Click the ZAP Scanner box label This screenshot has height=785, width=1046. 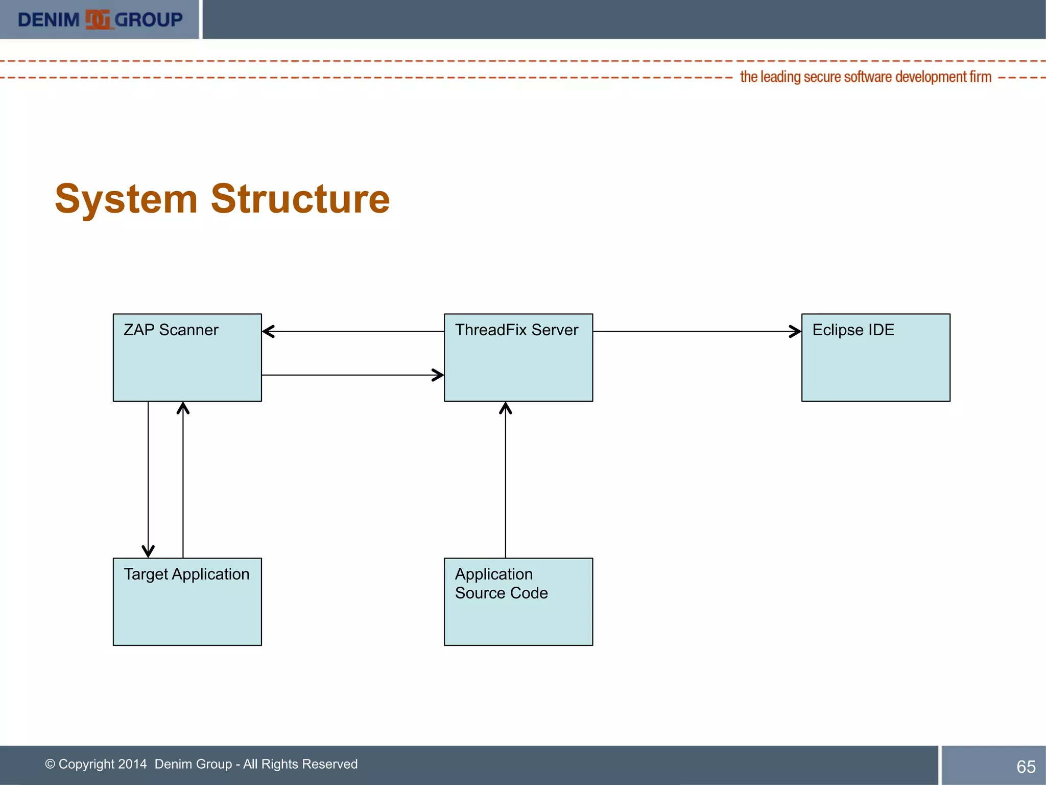point(171,330)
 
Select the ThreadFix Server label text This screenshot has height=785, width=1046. point(516,330)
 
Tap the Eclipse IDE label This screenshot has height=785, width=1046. point(853,330)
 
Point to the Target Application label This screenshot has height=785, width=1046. point(186,574)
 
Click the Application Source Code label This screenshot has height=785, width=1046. point(501,584)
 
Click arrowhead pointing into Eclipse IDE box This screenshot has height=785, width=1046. point(796,331)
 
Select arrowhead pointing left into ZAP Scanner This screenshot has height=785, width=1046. point(268,331)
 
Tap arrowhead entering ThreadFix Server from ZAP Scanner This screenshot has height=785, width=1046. point(438,375)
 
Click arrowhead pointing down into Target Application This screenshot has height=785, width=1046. point(148,551)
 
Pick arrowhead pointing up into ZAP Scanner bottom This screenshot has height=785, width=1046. point(183,408)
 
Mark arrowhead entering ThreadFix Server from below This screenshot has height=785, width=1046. point(506,408)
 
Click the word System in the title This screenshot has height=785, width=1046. point(126,199)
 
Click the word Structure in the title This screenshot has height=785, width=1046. point(300,199)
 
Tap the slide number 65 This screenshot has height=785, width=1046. point(1026,767)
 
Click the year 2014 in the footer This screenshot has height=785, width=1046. point(132,764)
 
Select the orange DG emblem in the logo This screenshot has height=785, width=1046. point(97,19)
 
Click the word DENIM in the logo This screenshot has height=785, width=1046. point(49,20)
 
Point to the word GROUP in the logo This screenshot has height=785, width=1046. point(148,20)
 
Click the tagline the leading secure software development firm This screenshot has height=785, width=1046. point(865,77)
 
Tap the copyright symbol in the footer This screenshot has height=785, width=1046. point(50,764)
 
